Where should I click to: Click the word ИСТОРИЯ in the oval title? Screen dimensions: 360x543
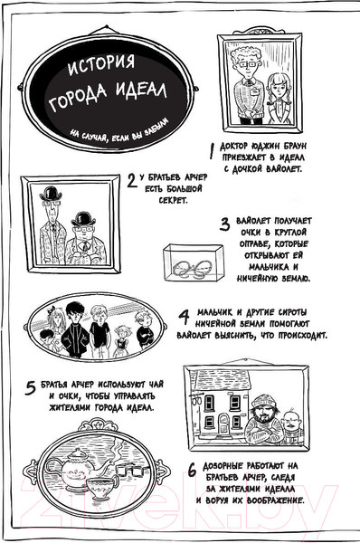[x=100, y=65]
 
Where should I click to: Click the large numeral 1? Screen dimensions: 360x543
[x=213, y=150]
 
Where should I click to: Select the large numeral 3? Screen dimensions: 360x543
[x=224, y=224]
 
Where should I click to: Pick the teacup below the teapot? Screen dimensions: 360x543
[x=102, y=488]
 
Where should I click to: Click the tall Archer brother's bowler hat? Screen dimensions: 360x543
[x=51, y=194]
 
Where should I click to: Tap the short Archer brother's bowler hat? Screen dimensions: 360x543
[x=83, y=218]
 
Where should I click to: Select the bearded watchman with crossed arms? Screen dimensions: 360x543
[x=263, y=421]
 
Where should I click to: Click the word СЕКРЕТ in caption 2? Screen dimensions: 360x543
[x=174, y=201]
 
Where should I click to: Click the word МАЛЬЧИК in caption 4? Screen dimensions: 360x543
[x=214, y=312]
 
